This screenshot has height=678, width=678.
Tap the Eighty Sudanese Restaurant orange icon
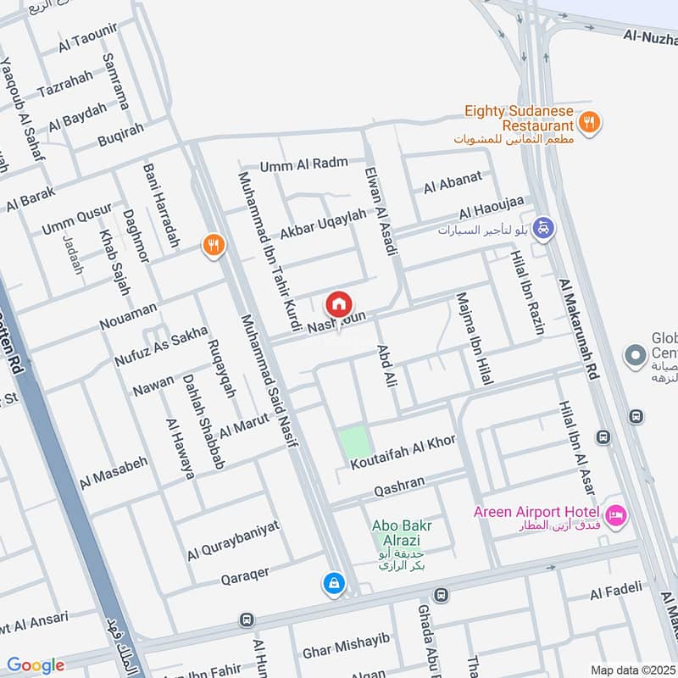click(591, 122)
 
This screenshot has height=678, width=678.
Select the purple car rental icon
click(544, 227)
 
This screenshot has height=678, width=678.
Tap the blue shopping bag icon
click(334, 583)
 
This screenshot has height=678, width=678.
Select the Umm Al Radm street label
click(292, 165)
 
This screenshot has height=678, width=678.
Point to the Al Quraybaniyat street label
click(233, 540)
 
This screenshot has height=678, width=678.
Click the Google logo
click(36, 665)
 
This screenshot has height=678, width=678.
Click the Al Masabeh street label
click(114, 474)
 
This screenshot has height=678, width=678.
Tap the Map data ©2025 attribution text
click(631, 670)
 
